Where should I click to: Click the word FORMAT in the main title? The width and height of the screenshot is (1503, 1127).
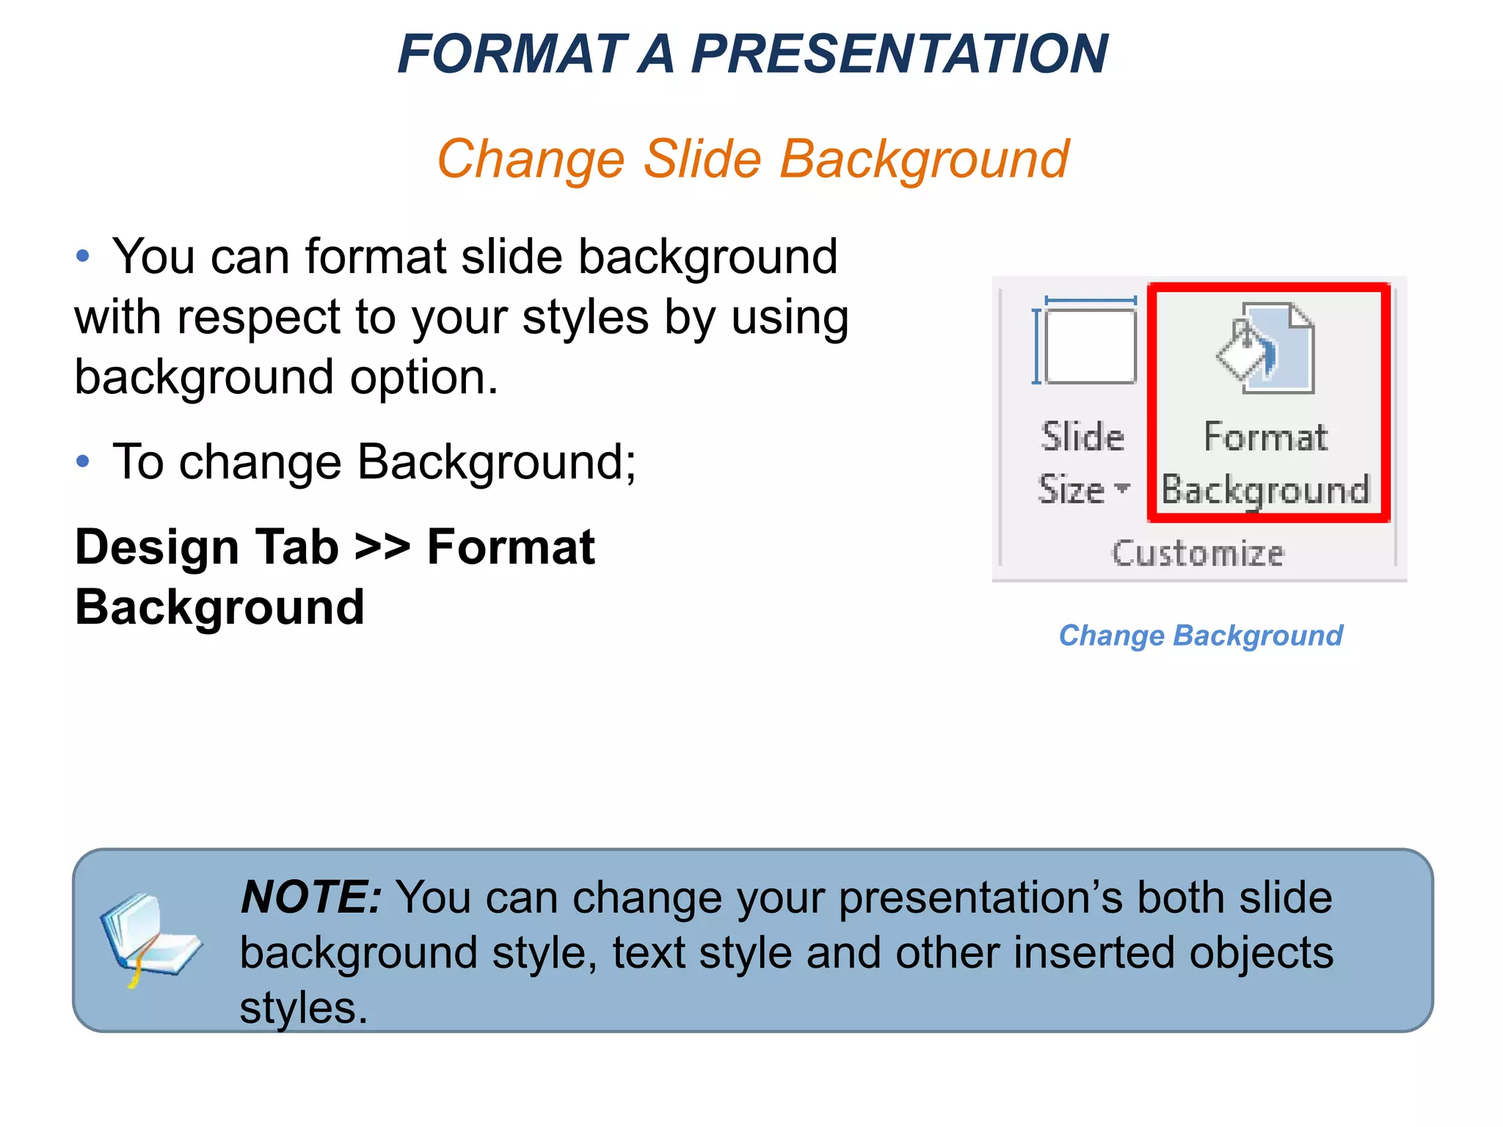coord(512,54)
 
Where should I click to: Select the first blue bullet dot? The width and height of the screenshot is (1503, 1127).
coord(83,256)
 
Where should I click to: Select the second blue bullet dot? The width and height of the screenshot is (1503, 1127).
coord(83,462)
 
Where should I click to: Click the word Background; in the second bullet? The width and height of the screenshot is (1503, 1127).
coord(497,462)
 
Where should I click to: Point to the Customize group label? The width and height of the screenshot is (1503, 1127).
coord(1198,553)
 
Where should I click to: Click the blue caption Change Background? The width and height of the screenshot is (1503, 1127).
coord(1201,635)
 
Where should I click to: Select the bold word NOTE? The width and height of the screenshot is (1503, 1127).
coord(311,897)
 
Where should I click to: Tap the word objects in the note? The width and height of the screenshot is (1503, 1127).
coord(1260,953)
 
